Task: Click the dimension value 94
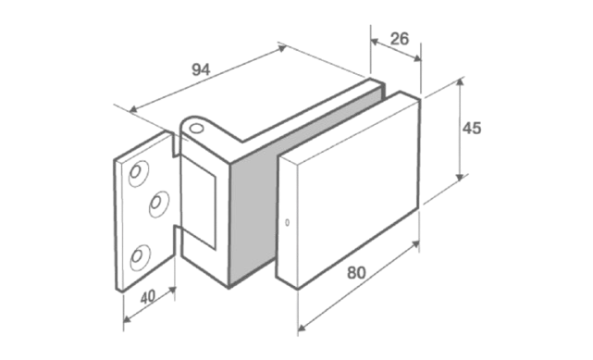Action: (x=201, y=70)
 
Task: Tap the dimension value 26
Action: (x=400, y=39)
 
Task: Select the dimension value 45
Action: (x=472, y=129)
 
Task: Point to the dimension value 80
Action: (x=356, y=273)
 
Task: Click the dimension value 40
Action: (x=148, y=297)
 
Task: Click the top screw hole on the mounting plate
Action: (x=138, y=173)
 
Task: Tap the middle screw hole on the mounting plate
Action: (x=158, y=204)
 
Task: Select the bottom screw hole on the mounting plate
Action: (x=140, y=257)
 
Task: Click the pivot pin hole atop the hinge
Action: (x=196, y=129)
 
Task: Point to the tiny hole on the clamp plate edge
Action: (x=287, y=223)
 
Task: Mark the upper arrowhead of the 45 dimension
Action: (x=460, y=82)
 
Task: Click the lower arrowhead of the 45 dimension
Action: (x=460, y=177)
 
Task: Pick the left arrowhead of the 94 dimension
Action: (x=133, y=109)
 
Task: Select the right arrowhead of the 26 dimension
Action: (x=416, y=58)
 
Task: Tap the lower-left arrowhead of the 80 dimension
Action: (x=302, y=327)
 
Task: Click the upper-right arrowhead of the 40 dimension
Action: (x=172, y=291)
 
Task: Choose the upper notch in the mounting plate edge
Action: (x=176, y=144)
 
